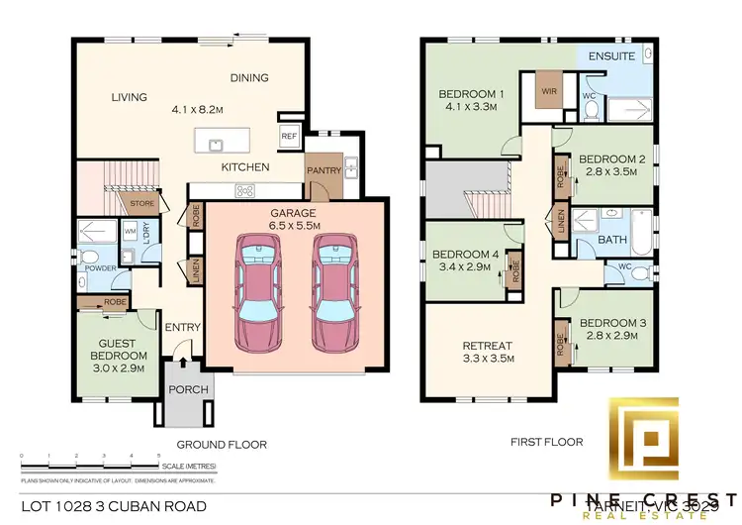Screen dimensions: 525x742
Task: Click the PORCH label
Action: (188, 389)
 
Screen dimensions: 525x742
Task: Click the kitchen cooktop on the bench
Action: (244, 191)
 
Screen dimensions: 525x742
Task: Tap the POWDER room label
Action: (100, 268)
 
